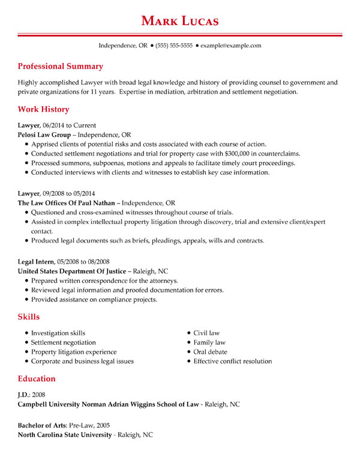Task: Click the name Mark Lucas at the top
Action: tap(180, 21)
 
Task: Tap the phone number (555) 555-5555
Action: tap(174, 46)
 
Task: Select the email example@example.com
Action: tap(230, 46)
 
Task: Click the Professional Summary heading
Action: tap(60, 67)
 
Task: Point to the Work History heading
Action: tap(43, 110)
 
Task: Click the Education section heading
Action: tap(37, 379)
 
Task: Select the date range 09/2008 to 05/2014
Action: tap(69, 194)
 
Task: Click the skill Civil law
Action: tap(206, 333)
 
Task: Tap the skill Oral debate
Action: tap(210, 352)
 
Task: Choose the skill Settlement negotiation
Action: tap(63, 342)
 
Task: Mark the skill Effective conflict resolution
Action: tap(232, 362)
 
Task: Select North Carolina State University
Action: tap(65, 435)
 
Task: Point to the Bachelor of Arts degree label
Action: tap(43, 425)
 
